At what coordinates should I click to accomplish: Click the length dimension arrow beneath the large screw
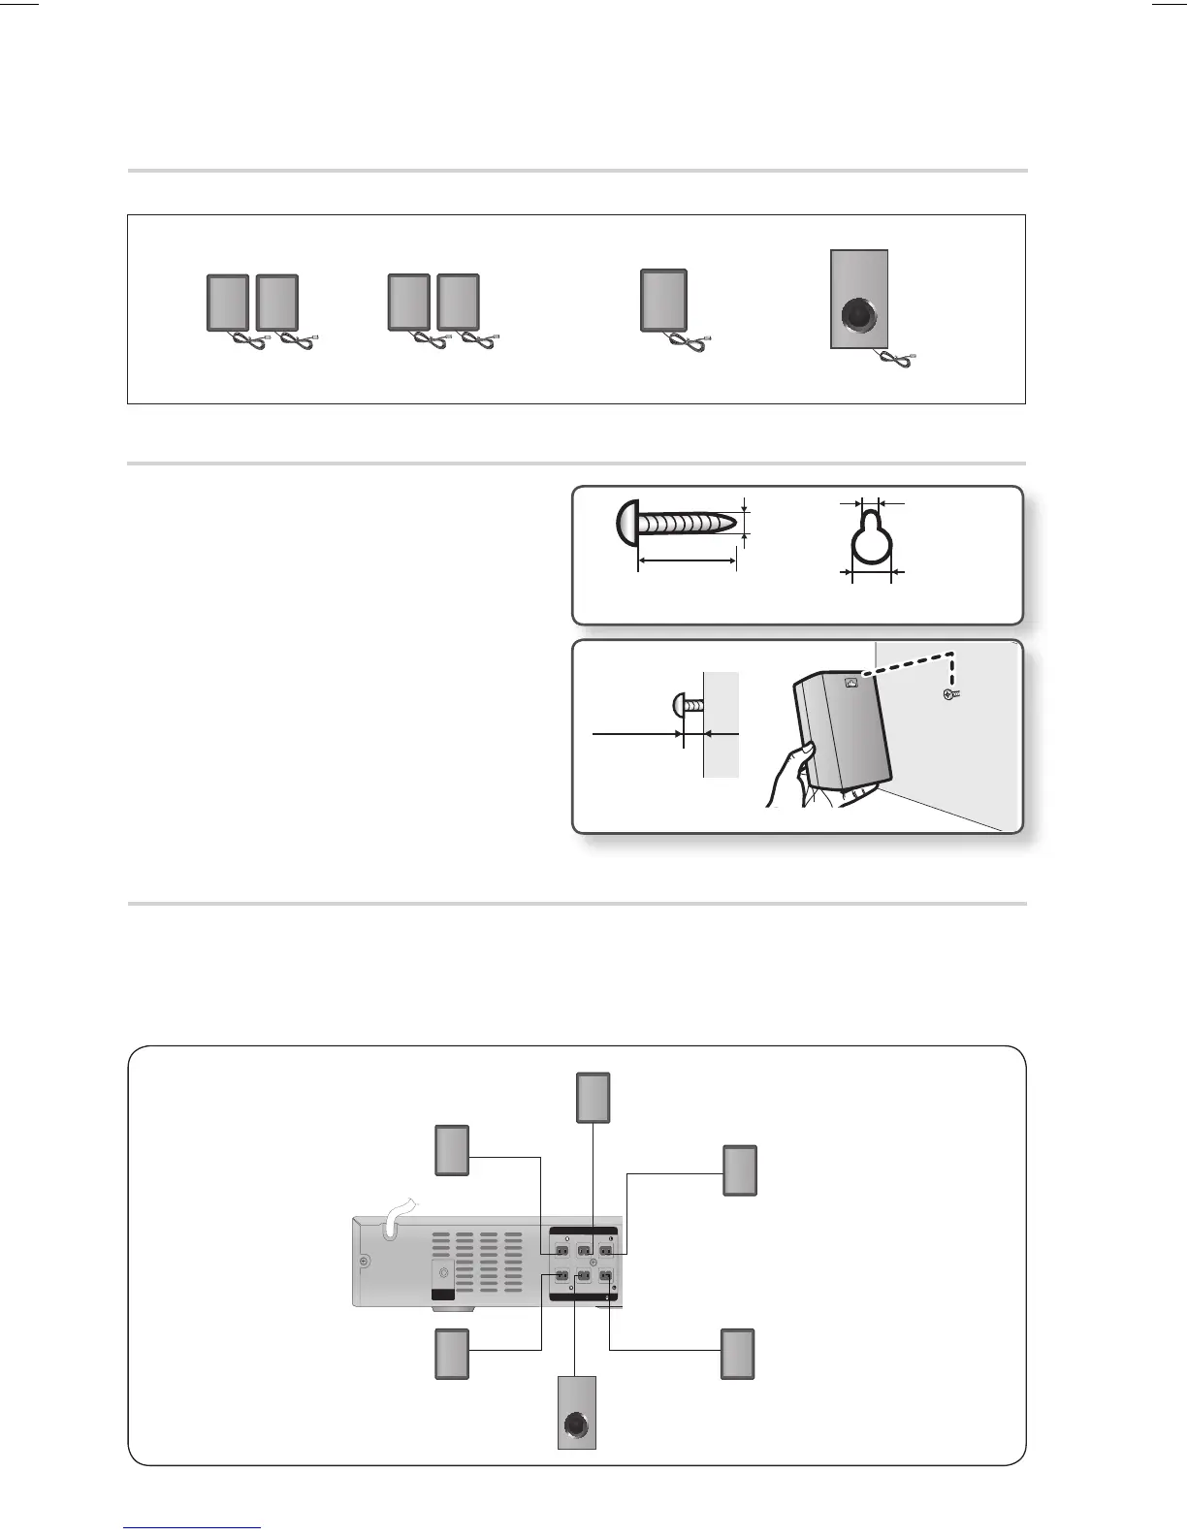(687, 560)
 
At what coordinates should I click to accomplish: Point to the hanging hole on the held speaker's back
(850, 682)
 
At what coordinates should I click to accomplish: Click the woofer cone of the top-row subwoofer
(858, 316)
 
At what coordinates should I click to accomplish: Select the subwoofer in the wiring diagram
(577, 1412)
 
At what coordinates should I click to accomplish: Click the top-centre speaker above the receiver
(593, 1098)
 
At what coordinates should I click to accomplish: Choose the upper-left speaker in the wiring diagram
(452, 1151)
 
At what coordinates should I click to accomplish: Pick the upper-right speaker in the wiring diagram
(740, 1170)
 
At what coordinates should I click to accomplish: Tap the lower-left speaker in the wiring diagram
(452, 1354)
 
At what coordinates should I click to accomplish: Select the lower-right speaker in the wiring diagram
(738, 1354)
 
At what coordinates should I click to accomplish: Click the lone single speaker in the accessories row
(663, 301)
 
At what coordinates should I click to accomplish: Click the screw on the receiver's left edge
(364, 1262)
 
